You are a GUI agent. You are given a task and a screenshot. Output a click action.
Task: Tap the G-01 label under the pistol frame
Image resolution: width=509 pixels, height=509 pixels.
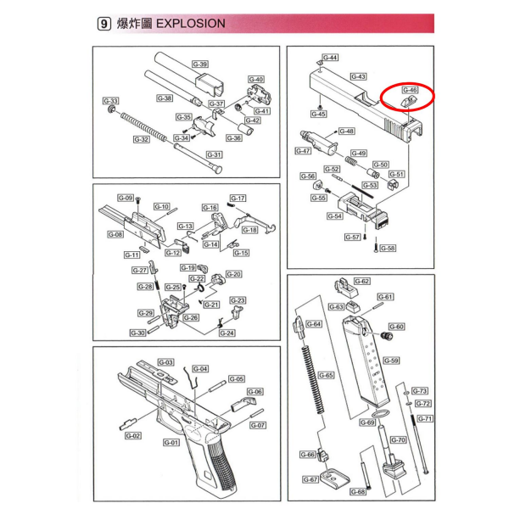pos(171,441)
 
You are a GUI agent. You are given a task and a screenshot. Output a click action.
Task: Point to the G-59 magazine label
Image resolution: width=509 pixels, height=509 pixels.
pos(391,360)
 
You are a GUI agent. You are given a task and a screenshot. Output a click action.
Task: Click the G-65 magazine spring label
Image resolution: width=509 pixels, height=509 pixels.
pos(325,374)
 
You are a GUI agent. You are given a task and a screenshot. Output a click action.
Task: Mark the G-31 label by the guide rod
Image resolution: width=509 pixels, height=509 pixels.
pos(215,154)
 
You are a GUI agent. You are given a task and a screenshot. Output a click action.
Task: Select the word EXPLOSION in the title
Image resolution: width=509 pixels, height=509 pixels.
pos(192,24)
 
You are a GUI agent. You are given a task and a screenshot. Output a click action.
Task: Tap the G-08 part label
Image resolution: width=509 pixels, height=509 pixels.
pos(116,234)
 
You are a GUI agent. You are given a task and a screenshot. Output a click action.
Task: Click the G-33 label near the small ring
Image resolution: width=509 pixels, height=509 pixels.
pos(110,101)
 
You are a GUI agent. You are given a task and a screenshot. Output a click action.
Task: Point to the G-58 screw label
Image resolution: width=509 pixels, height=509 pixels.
pos(388,248)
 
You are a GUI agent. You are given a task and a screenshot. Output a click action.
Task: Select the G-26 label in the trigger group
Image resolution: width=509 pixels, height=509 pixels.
pos(190,317)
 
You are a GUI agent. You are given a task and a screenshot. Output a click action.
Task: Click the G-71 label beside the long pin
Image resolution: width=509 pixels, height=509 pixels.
pos(424,418)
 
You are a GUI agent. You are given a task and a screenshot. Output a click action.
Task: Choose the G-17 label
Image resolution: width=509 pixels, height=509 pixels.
pos(238,198)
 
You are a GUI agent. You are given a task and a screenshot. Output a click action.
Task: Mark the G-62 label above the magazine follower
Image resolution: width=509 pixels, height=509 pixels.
pos(361,281)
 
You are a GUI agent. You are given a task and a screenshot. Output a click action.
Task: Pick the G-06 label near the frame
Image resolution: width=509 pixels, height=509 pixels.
pos(255,391)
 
